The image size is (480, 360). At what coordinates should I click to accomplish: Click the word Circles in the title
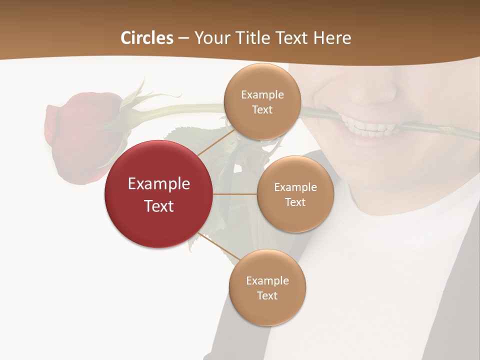click(147, 37)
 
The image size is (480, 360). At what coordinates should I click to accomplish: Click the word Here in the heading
click(332, 37)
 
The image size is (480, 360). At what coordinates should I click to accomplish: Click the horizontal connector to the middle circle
click(234, 194)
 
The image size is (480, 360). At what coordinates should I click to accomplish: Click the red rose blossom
click(80, 135)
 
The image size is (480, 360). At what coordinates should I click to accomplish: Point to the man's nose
click(370, 90)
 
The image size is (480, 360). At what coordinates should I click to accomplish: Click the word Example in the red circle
click(159, 183)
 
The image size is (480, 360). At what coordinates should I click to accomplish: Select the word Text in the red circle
click(159, 206)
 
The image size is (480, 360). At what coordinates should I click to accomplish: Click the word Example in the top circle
click(262, 94)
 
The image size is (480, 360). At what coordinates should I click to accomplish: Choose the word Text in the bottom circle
click(267, 295)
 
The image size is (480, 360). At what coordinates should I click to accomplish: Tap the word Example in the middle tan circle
click(295, 187)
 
